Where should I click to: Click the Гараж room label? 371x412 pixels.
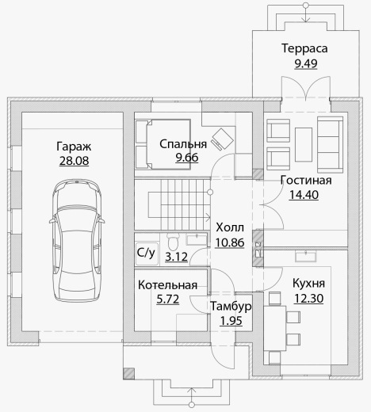(x=74, y=147)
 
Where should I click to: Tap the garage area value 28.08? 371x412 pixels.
(x=74, y=161)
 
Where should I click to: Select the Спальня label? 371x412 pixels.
(x=183, y=145)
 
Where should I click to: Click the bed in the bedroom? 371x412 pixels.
(x=163, y=144)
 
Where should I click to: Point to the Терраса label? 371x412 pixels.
(x=304, y=48)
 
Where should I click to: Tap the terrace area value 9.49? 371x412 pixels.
(x=306, y=63)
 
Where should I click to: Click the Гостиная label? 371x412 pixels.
(x=306, y=181)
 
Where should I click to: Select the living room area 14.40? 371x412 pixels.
(x=304, y=195)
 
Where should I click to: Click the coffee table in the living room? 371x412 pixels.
(x=304, y=144)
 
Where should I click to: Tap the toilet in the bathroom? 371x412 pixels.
(x=173, y=242)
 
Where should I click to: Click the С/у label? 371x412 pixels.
(x=146, y=253)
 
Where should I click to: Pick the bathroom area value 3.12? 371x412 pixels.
(x=176, y=257)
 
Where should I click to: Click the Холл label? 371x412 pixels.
(x=230, y=227)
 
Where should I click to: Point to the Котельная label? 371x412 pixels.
(x=167, y=285)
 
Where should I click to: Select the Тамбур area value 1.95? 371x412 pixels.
(x=231, y=321)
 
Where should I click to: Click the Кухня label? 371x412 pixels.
(x=308, y=284)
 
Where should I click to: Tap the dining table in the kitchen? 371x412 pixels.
(x=275, y=328)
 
